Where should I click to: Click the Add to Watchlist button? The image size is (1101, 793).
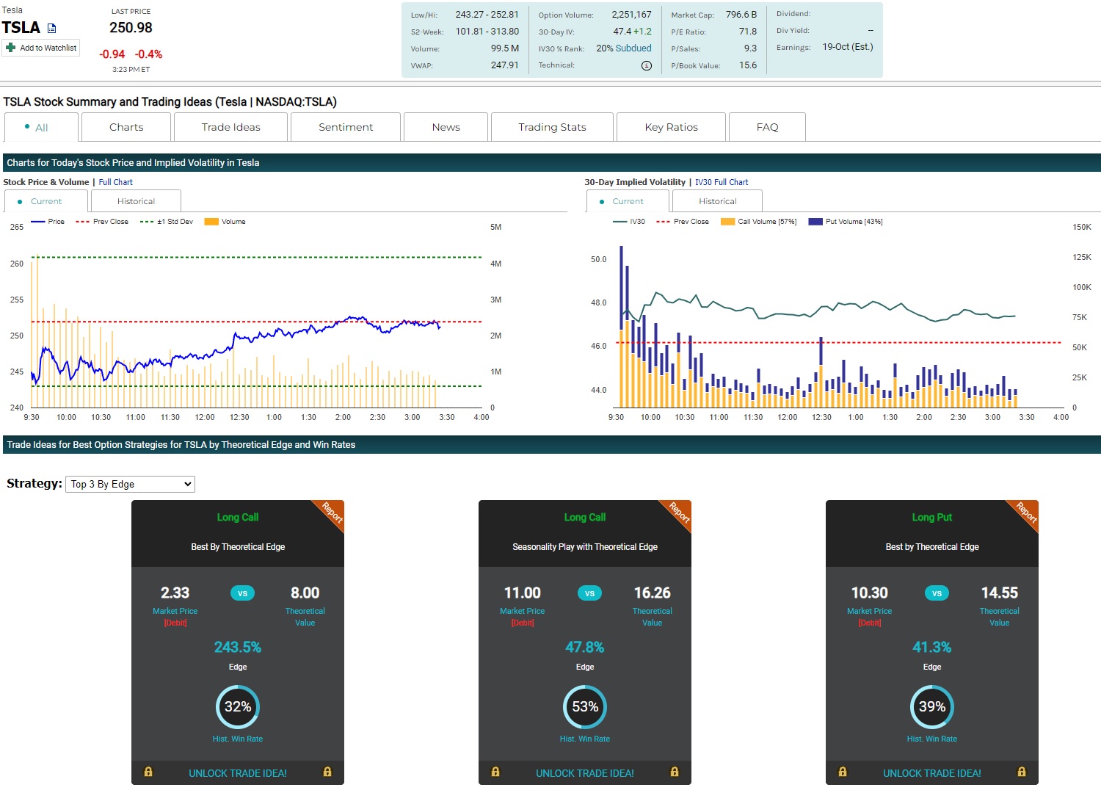pos(42,48)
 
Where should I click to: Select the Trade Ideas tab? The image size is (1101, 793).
pos(230,127)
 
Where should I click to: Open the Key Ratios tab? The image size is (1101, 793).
pos(671,127)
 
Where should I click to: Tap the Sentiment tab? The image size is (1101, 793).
pos(346,127)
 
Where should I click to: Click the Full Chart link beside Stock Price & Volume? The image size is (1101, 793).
pos(116,182)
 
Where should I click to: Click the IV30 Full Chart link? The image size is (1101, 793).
pos(722,182)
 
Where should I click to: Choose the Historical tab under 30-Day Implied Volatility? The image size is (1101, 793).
pos(717,201)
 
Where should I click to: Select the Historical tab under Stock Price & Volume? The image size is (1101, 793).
pos(136,201)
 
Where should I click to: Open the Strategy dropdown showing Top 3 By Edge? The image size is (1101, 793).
pos(130,484)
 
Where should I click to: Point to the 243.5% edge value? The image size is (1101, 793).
pos(238,647)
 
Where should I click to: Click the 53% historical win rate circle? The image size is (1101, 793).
pos(585,706)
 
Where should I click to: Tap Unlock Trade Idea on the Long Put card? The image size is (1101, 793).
pos(931,773)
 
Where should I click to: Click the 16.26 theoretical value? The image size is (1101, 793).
pos(652,593)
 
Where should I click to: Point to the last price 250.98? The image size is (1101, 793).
pos(131,28)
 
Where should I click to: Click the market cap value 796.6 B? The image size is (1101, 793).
pos(741,15)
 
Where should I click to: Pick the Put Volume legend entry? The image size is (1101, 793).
pos(846,222)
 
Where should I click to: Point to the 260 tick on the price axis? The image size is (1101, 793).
pos(17,264)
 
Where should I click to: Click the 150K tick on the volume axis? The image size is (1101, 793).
pos(1081,228)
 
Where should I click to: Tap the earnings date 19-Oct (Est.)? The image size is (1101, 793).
pos(848,47)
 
